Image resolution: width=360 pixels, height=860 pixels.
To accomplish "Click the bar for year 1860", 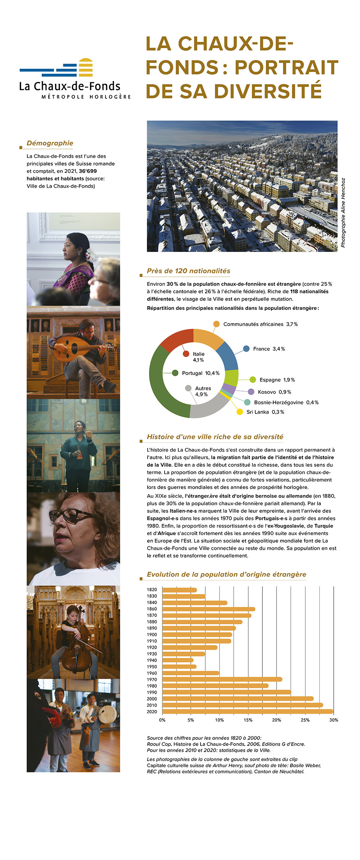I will (209, 609).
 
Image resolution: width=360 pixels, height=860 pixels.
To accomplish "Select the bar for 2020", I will (248, 711).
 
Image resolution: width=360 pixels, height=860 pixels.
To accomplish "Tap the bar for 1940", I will (178, 660).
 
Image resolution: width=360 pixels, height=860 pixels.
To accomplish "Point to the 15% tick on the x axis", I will (248, 720).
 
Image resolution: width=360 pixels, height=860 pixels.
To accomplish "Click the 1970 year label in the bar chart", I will (152, 679).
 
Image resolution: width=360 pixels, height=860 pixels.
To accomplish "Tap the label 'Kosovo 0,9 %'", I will (274, 392).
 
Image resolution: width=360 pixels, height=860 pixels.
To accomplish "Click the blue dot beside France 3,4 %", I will (246, 349).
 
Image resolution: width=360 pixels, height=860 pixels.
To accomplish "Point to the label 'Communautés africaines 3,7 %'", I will (260, 324).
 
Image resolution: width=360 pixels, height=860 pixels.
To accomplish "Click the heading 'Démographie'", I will (50, 143).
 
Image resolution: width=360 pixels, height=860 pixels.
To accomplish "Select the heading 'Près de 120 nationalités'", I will (188, 271).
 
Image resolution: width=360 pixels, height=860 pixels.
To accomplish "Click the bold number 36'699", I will (87, 171).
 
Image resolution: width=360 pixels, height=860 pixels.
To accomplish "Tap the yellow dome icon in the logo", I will (86, 67).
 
